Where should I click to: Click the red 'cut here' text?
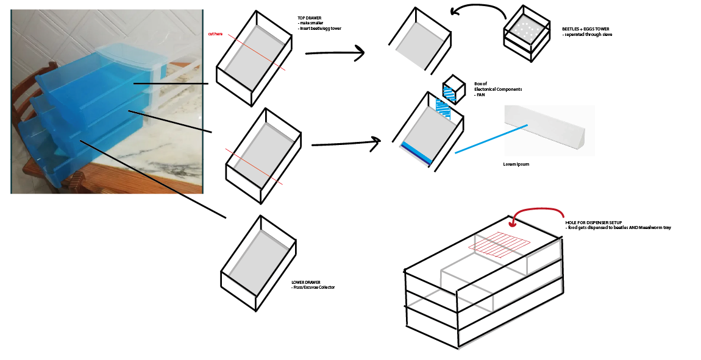(x=215, y=34)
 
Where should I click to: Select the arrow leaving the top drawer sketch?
(x=335, y=54)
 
